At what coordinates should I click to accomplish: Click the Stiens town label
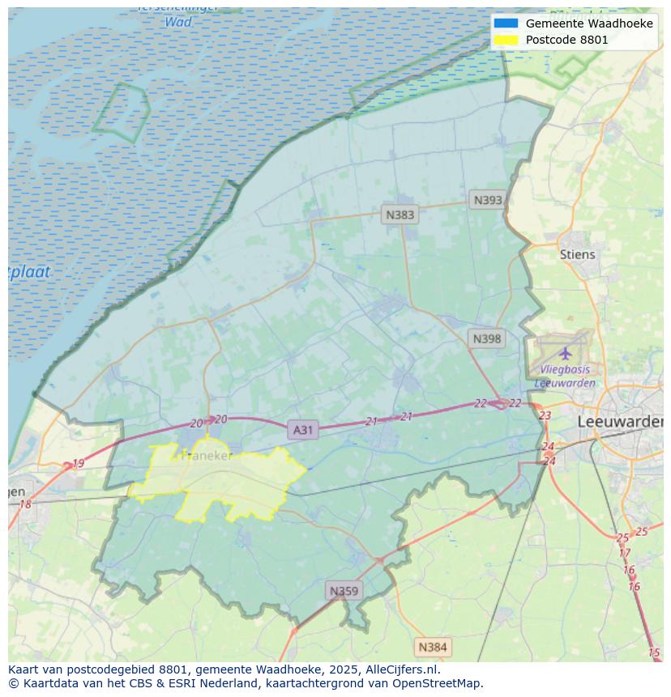click(577, 254)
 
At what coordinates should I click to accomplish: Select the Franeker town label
click(207, 456)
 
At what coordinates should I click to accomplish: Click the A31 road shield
click(302, 430)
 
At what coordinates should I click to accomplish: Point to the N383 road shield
click(400, 215)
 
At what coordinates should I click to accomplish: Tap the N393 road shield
click(488, 200)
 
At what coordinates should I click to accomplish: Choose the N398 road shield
click(486, 338)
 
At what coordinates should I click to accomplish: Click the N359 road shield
click(344, 591)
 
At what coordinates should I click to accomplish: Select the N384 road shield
click(432, 647)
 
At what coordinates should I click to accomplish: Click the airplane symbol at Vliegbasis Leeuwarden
click(565, 354)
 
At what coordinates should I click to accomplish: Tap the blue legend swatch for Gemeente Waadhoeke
click(506, 23)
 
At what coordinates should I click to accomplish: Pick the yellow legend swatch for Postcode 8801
click(506, 40)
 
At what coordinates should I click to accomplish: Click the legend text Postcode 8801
click(566, 40)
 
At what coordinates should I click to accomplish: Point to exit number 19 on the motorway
click(78, 464)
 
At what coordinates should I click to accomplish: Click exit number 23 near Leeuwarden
click(545, 415)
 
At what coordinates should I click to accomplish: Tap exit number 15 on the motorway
click(654, 652)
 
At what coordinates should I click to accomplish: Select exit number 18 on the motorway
click(25, 504)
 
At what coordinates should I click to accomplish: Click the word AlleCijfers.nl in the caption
click(397, 669)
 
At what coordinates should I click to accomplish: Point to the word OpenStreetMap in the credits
click(437, 682)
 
